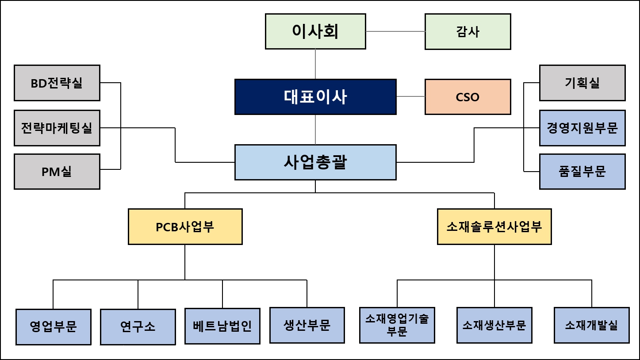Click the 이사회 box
click(x=315, y=31)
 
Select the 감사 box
click(x=468, y=31)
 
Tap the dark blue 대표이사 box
click(x=315, y=97)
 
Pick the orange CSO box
click(x=468, y=97)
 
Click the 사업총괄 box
click(x=315, y=162)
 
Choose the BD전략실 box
click(x=57, y=83)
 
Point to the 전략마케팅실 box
click(x=57, y=128)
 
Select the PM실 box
click(x=57, y=172)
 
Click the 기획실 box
click(x=582, y=83)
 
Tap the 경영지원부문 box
click(x=582, y=128)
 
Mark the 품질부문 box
click(x=582, y=172)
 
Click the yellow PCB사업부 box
click(x=185, y=227)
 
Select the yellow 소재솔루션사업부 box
click(x=494, y=227)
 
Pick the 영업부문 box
click(x=54, y=327)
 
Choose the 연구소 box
click(x=138, y=327)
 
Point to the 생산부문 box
click(x=307, y=325)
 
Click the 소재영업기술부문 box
click(x=397, y=325)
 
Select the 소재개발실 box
click(x=591, y=325)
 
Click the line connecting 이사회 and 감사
click(x=395, y=31)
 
